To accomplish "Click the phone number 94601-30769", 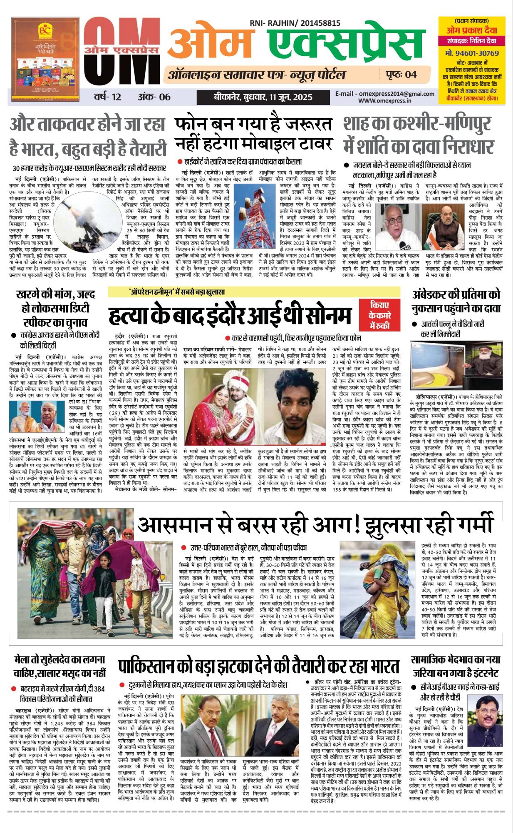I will pos(472,53).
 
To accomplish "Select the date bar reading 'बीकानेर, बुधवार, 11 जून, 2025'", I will pos(263,97).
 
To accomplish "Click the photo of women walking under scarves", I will pos(75,575).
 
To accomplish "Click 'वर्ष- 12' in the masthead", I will pos(107,97).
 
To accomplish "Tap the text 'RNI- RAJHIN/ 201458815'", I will pos(295,24).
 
